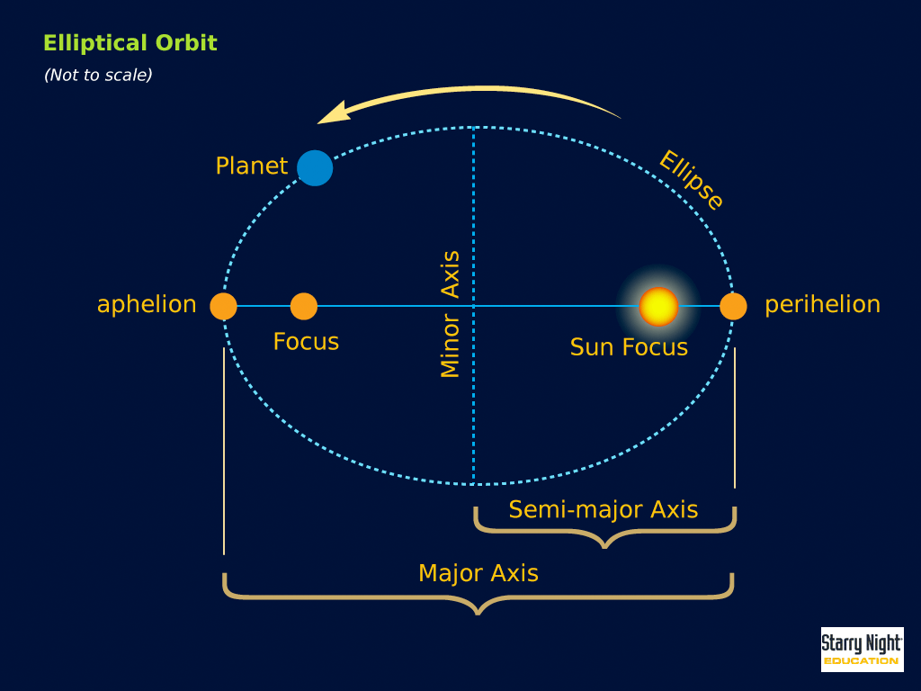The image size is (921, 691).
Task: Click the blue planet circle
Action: (x=315, y=168)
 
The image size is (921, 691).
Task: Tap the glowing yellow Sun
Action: (x=658, y=307)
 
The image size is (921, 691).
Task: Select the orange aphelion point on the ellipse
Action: (x=223, y=306)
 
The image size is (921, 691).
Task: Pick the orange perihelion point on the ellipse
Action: (x=733, y=306)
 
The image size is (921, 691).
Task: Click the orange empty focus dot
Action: (x=304, y=306)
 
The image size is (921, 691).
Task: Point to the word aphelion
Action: (x=147, y=305)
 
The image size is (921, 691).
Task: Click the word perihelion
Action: (x=822, y=305)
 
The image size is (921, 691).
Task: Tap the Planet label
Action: (x=252, y=166)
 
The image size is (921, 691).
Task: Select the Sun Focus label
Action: (x=629, y=347)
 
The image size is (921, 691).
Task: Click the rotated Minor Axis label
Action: (x=450, y=314)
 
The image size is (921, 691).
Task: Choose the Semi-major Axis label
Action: (x=604, y=509)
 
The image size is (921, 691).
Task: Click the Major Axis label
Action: (x=478, y=573)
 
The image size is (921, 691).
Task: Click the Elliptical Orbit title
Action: (x=130, y=43)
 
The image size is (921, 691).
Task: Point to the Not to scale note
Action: (x=98, y=76)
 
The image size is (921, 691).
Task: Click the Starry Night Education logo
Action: (x=862, y=650)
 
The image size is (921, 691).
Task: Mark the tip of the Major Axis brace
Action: (x=478, y=614)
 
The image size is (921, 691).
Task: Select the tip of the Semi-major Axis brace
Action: (x=604, y=547)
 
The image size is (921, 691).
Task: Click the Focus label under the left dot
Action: (x=306, y=342)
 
